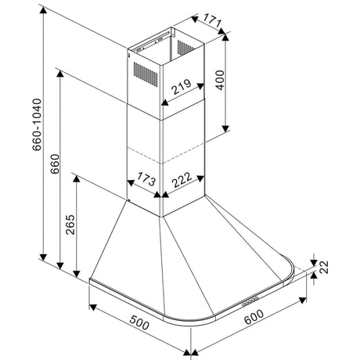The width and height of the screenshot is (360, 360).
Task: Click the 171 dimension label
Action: [x=212, y=20]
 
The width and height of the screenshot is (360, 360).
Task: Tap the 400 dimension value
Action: [x=220, y=80]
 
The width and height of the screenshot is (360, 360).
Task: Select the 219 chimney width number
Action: [x=182, y=87]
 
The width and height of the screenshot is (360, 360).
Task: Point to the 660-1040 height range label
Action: [x=37, y=124]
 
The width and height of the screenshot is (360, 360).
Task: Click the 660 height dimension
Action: [x=55, y=164]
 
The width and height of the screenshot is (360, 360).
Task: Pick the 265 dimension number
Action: [x=70, y=225]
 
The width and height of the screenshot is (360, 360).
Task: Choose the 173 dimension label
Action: [x=146, y=179]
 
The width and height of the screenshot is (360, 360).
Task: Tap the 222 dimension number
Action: [x=182, y=180]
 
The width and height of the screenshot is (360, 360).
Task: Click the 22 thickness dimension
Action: [x=324, y=267]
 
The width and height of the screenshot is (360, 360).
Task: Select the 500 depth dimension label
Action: [x=140, y=322]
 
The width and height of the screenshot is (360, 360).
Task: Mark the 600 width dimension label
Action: [x=254, y=316]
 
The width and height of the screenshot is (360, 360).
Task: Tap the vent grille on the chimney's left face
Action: [x=146, y=74]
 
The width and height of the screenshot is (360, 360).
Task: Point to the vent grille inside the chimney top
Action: [x=185, y=47]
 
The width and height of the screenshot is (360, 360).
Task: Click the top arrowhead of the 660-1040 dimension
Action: [x=43, y=10]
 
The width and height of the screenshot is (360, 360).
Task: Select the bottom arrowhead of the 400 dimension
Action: [x=225, y=128]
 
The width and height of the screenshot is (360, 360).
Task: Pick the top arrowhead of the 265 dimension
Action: [x=77, y=178]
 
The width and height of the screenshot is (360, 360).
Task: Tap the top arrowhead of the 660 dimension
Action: [x=60, y=74]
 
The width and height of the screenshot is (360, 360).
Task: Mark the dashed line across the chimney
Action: [x=165, y=156]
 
